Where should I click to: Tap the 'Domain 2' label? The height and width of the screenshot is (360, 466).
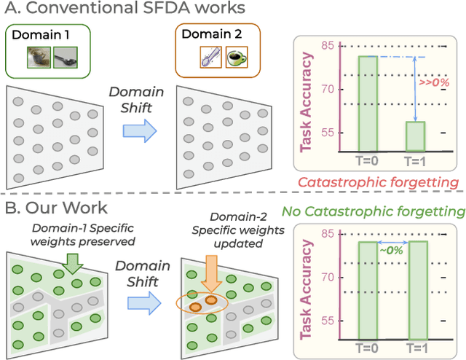tap(207, 37)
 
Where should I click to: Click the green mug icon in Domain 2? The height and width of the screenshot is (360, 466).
tap(235, 58)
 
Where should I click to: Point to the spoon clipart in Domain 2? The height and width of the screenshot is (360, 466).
tap(210, 58)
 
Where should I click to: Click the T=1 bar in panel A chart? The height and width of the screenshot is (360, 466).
tap(415, 136)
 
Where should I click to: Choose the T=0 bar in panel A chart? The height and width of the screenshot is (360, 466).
tap(368, 103)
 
